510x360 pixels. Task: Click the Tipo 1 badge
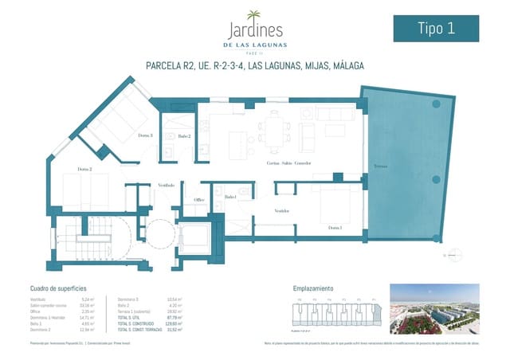click(437, 28)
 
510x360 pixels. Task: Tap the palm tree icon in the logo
click(254, 15)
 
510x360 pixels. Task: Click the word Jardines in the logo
click(254, 32)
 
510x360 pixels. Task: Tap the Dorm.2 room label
click(84, 169)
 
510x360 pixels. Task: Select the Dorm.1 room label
click(335, 228)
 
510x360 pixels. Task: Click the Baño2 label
click(184, 137)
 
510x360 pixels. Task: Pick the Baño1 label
click(230, 197)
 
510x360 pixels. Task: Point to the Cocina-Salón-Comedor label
click(288, 162)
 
